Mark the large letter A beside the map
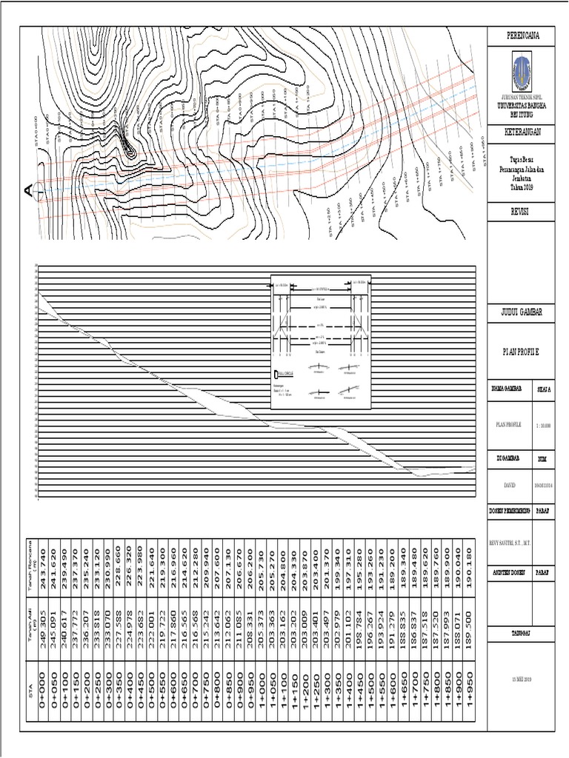28,191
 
